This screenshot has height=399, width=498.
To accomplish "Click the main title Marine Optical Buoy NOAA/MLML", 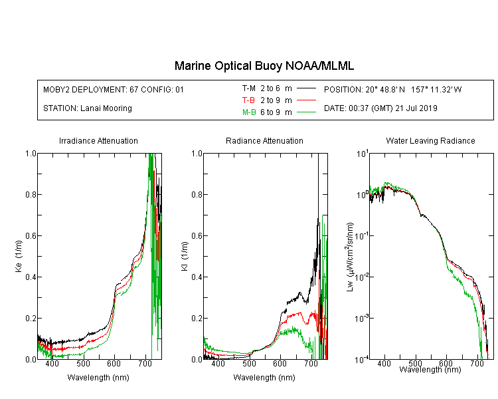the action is pos(264,66).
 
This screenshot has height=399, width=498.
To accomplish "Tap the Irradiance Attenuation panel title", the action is pos(98,140).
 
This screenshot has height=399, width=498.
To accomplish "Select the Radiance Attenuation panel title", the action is pos(264,140).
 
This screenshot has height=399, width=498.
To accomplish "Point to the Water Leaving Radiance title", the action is pos(430,140).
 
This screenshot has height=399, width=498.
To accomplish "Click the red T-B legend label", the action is pos(248,100).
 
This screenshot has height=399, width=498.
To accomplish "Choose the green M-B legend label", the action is pos(249,112).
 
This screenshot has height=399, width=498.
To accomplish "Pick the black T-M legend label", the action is pos(249,88).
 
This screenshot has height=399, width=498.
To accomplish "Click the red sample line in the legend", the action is pos(306,100).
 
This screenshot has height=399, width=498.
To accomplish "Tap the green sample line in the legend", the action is pos(306,112).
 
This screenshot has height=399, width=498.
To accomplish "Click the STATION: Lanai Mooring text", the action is pos(88,108).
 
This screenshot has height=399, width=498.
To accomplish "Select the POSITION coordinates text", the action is pos(393,89).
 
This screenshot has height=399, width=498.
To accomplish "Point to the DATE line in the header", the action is pos(380,108).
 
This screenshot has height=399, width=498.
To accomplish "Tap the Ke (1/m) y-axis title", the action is pos(19,257).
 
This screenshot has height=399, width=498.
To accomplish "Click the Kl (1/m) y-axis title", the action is pos(185,257).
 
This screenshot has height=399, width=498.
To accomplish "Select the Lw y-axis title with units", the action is pos(350,257).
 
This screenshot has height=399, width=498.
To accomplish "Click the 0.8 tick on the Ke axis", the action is pos(31,194).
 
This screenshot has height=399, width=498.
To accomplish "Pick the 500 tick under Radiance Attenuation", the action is pos(249,363).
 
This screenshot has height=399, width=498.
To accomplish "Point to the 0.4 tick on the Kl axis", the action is pos(197,277).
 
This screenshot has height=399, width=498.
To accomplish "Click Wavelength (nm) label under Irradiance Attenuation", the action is pos(98,378).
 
